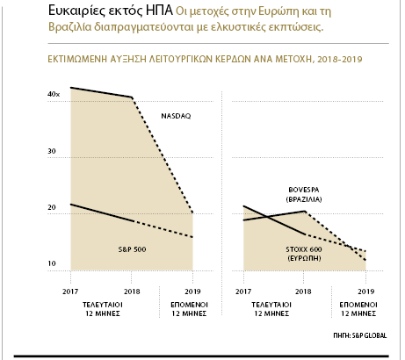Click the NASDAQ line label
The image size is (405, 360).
click(x=176, y=116)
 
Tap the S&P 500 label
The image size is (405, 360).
click(x=132, y=249)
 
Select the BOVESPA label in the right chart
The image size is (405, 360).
click(x=304, y=190)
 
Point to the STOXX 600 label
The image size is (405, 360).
click(x=304, y=249)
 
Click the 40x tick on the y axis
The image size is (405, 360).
click(x=54, y=94)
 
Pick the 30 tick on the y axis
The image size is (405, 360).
click(x=52, y=151)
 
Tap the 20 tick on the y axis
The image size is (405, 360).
click(x=52, y=207)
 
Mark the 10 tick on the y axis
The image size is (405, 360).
click(x=52, y=263)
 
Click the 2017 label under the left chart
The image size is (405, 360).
click(x=70, y=292)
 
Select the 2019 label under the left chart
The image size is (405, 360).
click(x=192, y=292)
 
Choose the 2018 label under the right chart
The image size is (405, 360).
click(x=303, y=292)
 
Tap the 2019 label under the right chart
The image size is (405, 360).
click(x=366, y=292)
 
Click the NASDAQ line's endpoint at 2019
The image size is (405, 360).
click(x=192, y=212)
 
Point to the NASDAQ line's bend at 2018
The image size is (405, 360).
click(x=132, y=97)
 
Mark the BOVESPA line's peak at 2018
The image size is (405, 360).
click(x=305, y=211)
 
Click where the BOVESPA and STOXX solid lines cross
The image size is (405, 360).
click(x=268, y=217)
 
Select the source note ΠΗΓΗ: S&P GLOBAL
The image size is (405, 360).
click(x=360, y=335)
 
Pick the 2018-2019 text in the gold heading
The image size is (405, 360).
click(x=340, y=60)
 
